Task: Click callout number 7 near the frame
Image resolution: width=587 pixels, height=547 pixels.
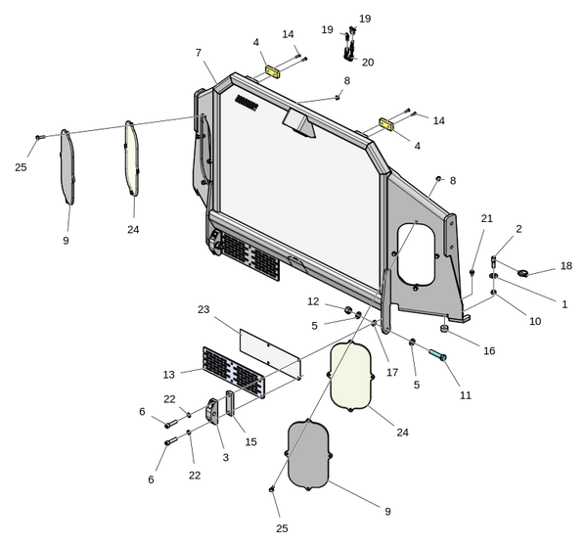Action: pyautogui.click(x=199, y=52)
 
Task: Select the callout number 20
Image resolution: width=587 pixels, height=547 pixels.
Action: pyautogui.click(x=368, y=62)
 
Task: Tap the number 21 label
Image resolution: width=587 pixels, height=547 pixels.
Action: pyautogui.click(x=487, y=217)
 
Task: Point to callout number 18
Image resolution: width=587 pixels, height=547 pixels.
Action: pyautogui.click(x=566, y=265)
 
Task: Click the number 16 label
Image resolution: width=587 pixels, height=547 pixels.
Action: pyautogui.click(x=489, y=350)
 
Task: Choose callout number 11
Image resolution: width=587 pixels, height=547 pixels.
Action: pyautogui.click(x=466, y=394)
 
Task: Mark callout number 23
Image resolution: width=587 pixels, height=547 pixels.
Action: pyautogui.click(x=203, y=309)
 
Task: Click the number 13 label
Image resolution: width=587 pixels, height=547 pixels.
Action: pyautogui.click(x=169, y=373)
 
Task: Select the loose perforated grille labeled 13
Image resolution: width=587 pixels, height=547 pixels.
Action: pyautogui.click(x=233, y=372)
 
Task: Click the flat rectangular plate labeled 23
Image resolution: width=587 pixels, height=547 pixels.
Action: pyautogui.click(x=269, y=352)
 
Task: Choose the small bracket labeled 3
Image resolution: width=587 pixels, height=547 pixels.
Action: pyautogui.click(x=214, y=410)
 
